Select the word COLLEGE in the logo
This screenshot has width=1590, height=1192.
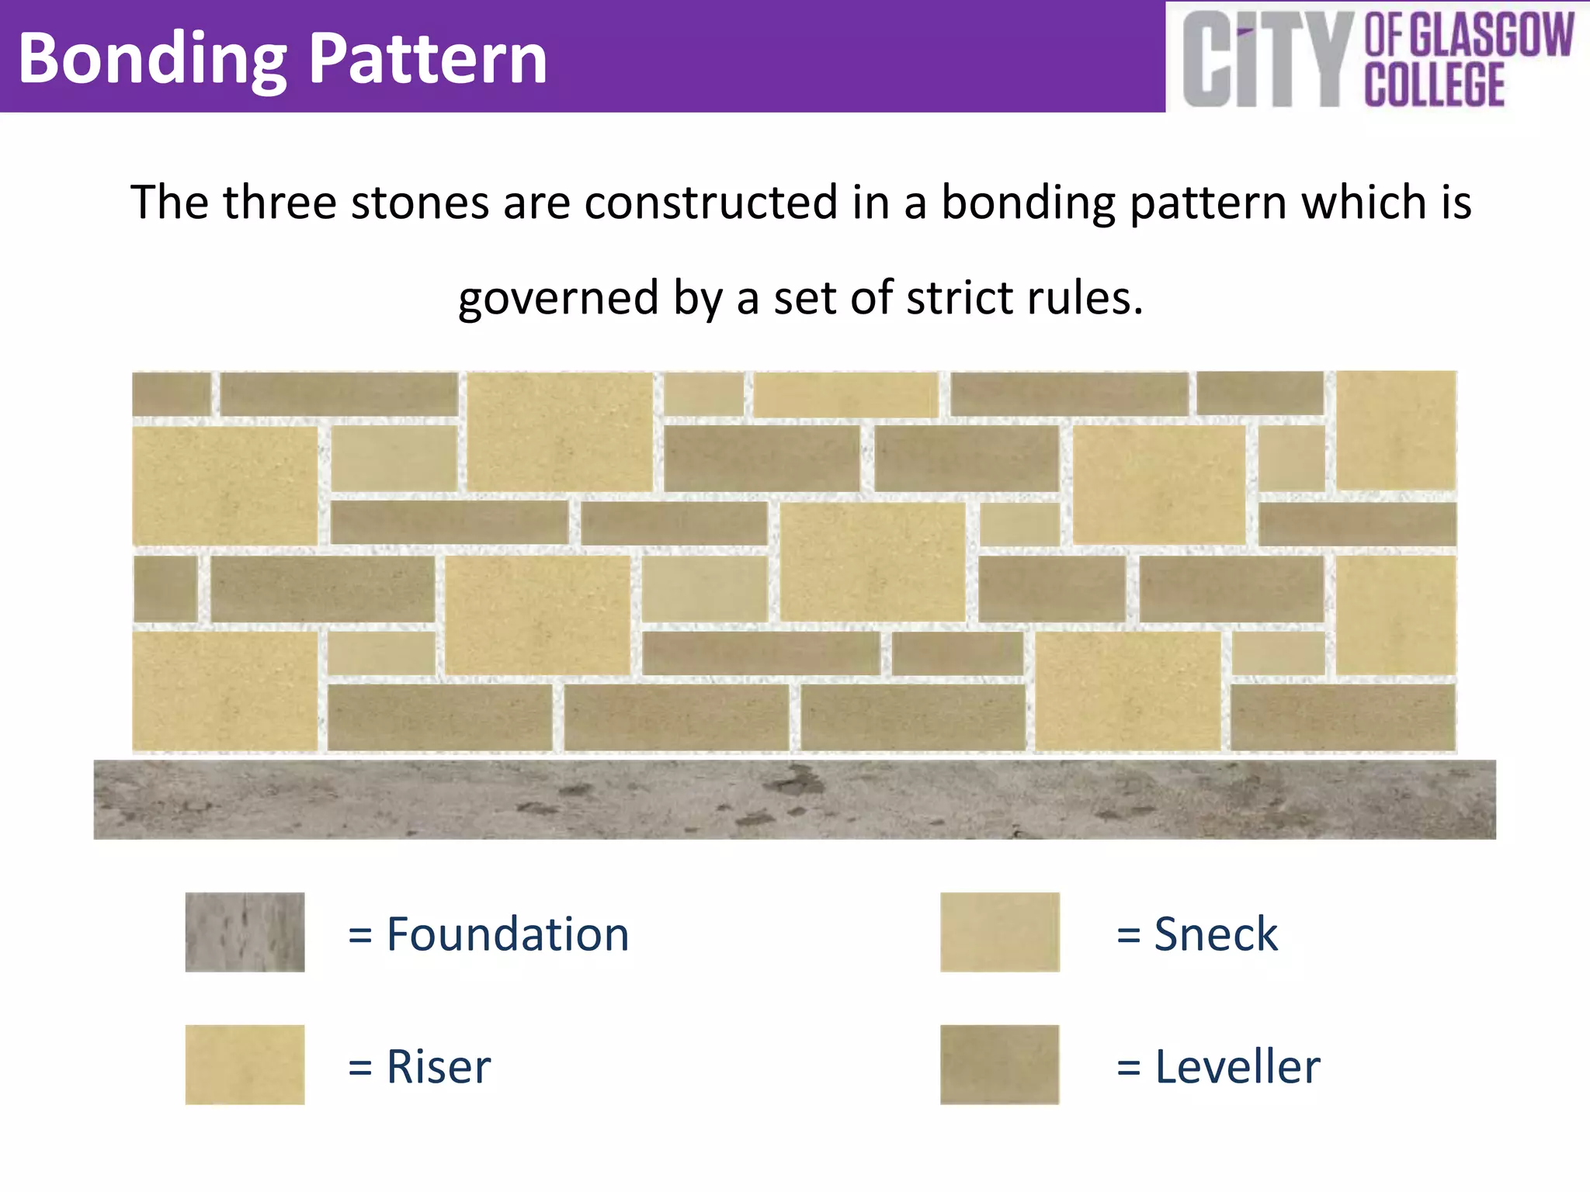(x=1435, y=84)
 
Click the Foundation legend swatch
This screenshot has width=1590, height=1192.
(x=245, y=932)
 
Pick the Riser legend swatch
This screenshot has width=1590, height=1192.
(x=245, y=1065)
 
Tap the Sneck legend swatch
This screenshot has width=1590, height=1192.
(x=1000, y=932)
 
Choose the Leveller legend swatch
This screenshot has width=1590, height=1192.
(x=1000, y=1065)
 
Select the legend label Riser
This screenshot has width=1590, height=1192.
(x=439, y=1066)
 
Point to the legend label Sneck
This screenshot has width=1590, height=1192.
(x=1216, y=934)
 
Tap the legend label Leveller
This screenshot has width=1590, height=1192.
(x=1238, y=1066)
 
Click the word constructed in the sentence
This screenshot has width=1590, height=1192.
(x=710, y=203)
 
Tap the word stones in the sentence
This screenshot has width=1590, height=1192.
(x=418, y=203)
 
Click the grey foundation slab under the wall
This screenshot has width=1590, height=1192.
(x=794, y=799)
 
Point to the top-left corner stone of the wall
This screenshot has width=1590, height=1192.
(x=172, y=394)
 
